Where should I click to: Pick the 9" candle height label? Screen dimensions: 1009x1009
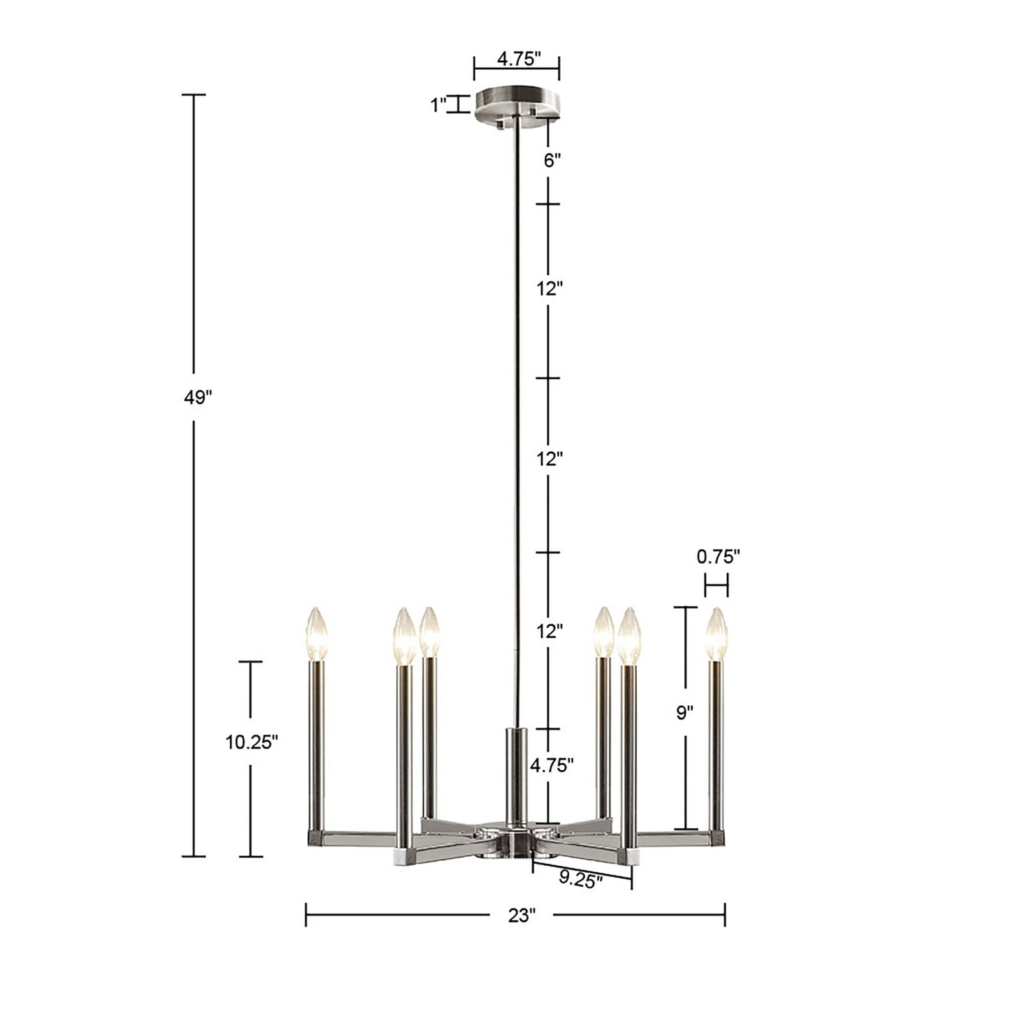[x=685, y=713]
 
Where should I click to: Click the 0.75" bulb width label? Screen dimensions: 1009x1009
[x=718, y=557]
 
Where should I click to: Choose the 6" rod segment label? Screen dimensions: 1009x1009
[x=552, y=161]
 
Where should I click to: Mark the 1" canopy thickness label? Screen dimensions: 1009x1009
[x=438, y=105]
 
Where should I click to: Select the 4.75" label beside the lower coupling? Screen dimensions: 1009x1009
[x=552, y=765]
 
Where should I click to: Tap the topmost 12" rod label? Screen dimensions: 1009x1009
[x=550, y=288]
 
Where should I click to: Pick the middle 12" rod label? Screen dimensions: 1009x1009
[x=550, y=459]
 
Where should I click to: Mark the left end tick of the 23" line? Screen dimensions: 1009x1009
[x=306, y=915]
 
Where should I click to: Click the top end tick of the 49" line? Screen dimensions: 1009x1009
[x=193, y=94]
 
